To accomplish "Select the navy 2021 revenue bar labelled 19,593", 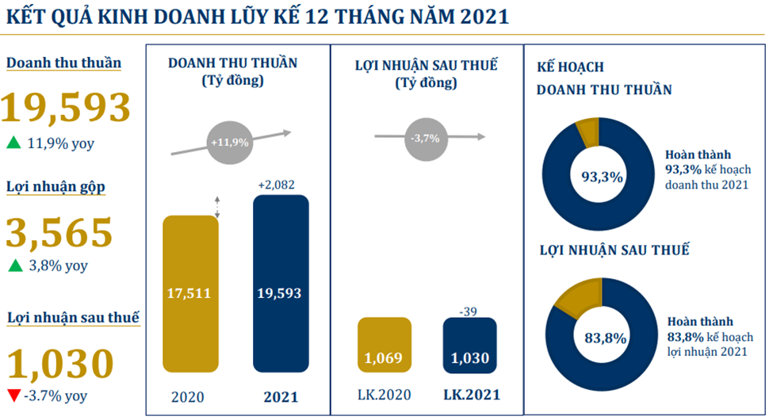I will (x=281, y=284).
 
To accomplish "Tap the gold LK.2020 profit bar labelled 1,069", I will (x=385, y=345).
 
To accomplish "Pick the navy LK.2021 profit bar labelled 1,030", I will (x=469, y=345).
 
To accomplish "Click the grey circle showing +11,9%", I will (x=230, y=143).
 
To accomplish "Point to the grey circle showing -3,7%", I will (x=427, y=138).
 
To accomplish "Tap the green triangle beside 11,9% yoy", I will (x=13, y=143).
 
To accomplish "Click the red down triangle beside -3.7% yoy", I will (x=13, y=395).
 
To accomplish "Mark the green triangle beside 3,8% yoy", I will (x=13, y=266).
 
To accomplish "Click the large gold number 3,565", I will (x=59, y=233).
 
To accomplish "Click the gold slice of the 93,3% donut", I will (x=589, y=132).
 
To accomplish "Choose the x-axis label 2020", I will (x=189, y=395).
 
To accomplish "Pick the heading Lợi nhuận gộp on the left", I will (x=56, y=187).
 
